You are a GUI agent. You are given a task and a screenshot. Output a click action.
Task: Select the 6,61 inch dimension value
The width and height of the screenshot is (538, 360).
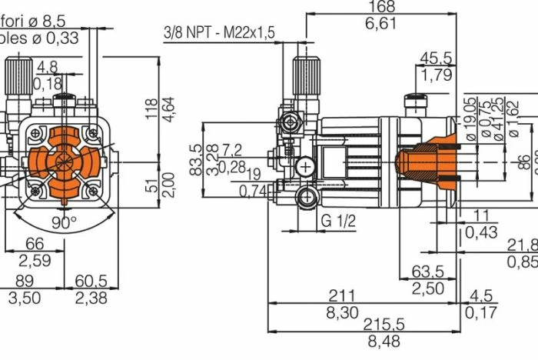pyautogui.click(x=380, y=24)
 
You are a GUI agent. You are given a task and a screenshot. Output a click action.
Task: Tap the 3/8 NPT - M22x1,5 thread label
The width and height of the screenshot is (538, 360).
pyautogui.click(x=219, y=32)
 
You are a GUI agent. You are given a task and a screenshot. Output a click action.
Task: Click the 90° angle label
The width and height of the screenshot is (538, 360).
pyautogui.click(x=65, y=222)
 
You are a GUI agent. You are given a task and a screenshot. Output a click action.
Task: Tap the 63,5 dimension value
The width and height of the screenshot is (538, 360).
pyautogui.click(x=428, y=272)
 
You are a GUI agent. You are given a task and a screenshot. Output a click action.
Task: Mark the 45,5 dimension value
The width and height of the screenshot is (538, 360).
pyautogui.click(x=436, y=58)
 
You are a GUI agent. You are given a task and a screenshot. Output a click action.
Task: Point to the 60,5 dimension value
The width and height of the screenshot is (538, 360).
pyautogui.click(x=90, y=280)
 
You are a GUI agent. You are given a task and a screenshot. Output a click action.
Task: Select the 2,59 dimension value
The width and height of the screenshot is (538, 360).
pyautogui.click(x=35, y=262)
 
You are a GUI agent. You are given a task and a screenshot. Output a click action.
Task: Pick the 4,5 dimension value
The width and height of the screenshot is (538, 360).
pyautogui.click(x=481, y=295)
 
